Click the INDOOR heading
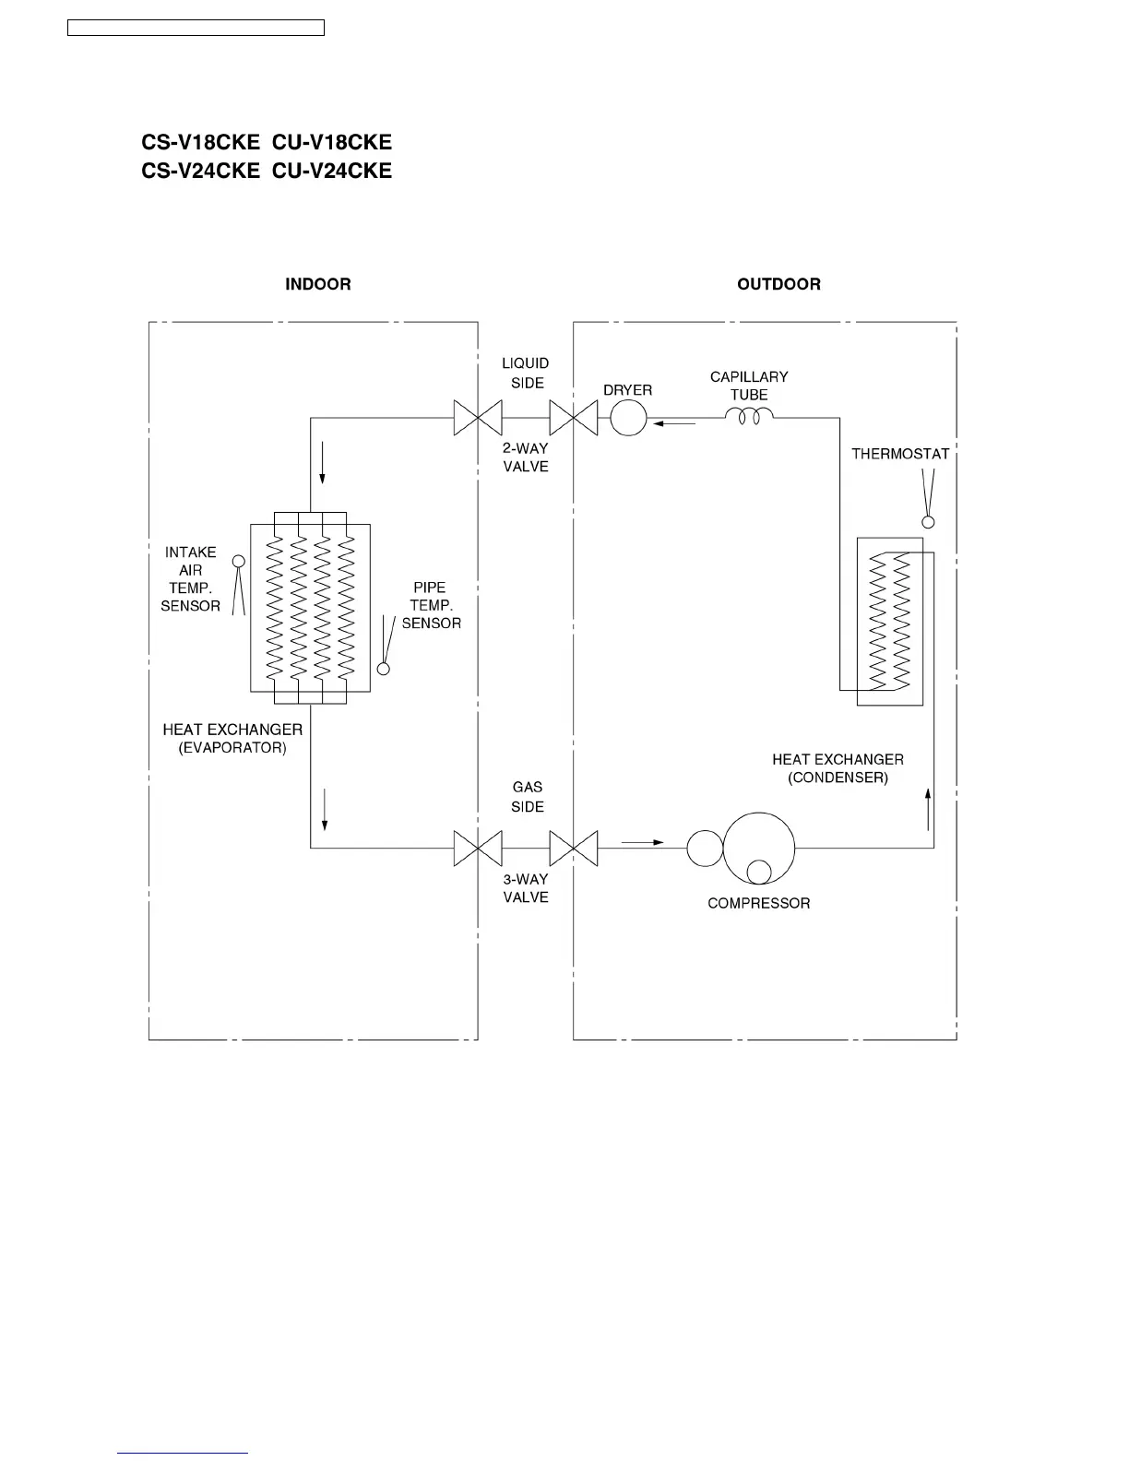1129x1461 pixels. (x=317, y=284)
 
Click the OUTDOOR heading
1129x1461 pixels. (x=778, y=284)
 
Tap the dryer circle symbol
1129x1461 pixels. (x=628, y=419)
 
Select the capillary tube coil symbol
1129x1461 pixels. (x=748, y=418)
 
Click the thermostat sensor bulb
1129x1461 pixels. (x=929, y=522)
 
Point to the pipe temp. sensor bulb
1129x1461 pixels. (x=384, y=669)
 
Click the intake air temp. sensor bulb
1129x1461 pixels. (x=238, y=561)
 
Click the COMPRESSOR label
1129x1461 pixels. (x=758, y=903)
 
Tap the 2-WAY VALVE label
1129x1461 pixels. (x=526, y=457)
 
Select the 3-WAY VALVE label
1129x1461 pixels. (x=526, y=888)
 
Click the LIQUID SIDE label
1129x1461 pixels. (x=527, y=374)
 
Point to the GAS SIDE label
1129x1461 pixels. (x=527, y=797)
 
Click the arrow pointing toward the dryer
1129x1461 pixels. (x=673, y=423)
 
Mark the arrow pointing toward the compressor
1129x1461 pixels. (x=643, y=842)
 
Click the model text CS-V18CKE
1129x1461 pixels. (x=200, y=142)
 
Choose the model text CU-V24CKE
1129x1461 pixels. (x=332, y=171)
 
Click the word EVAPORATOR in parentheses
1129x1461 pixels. (x=232, y=748)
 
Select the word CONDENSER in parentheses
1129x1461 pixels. (x=838, y=778)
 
